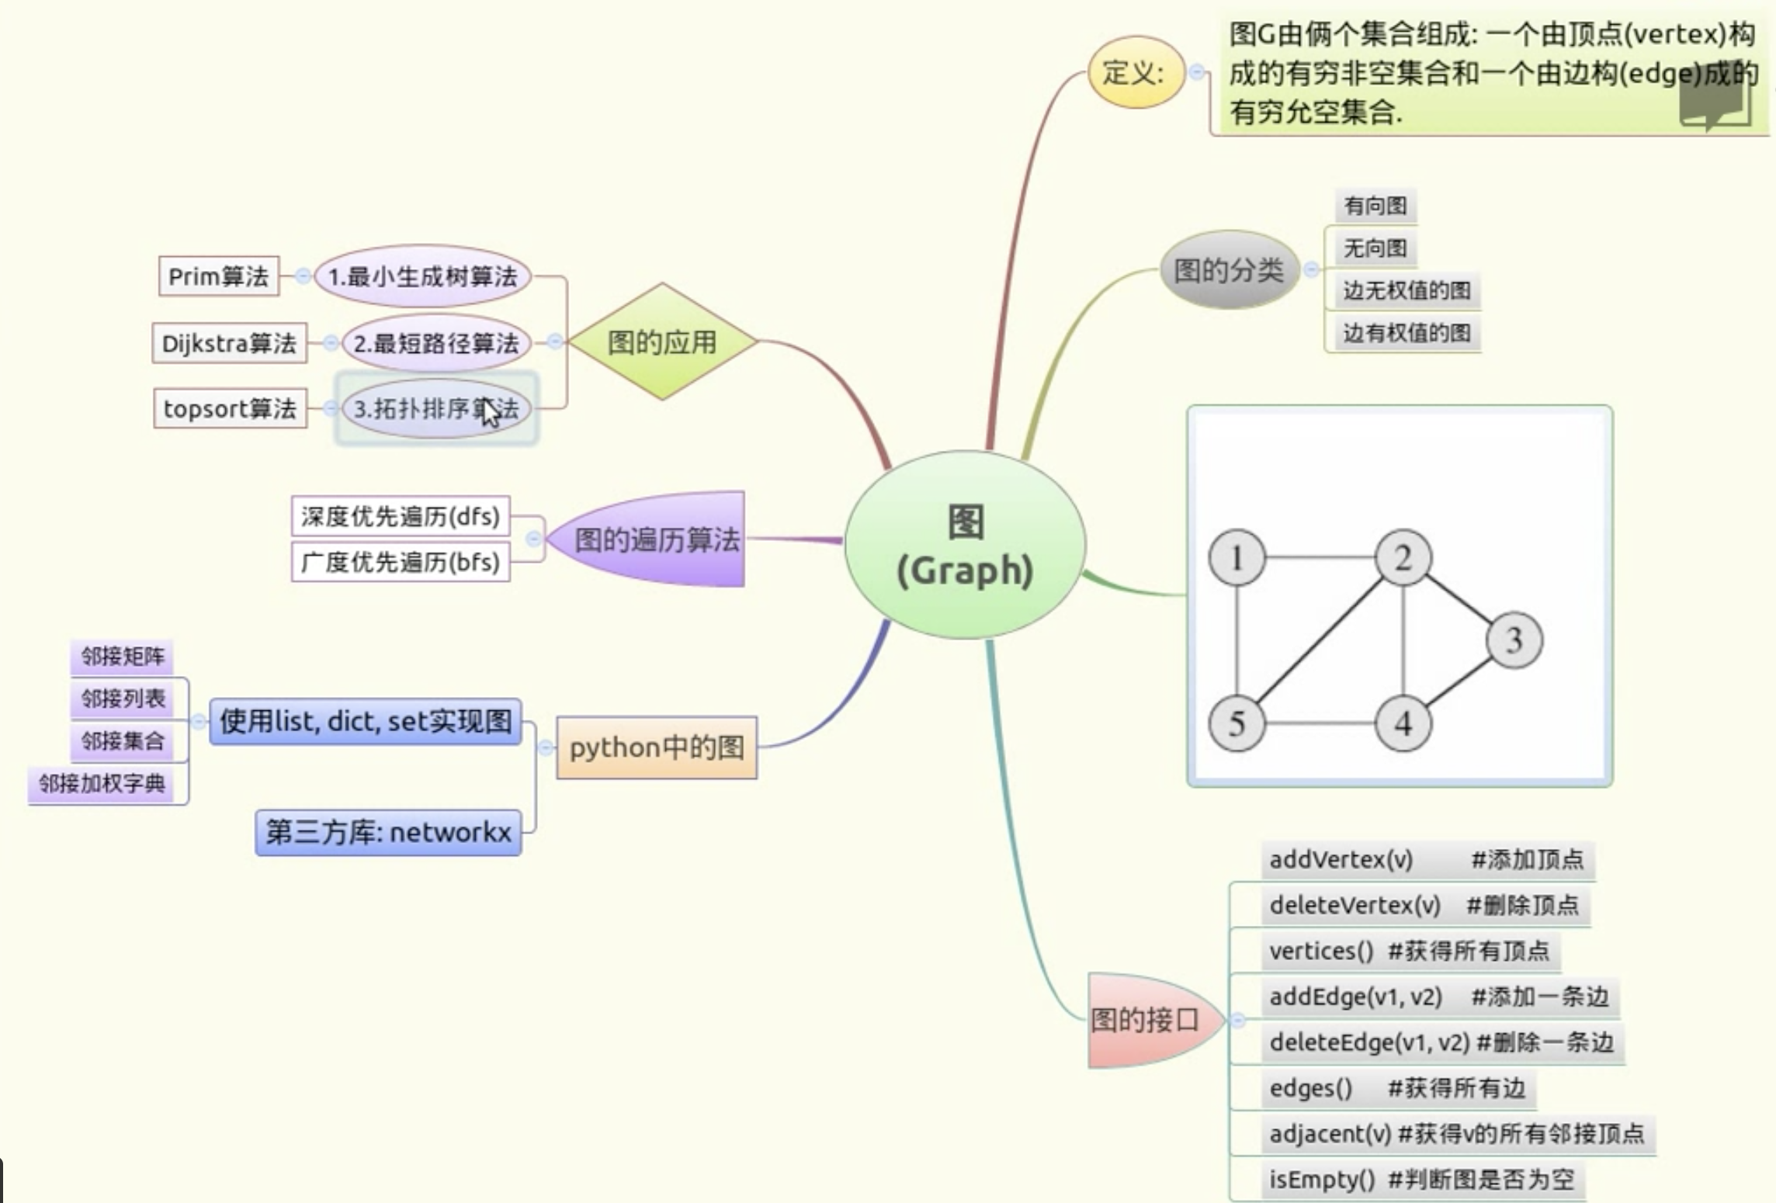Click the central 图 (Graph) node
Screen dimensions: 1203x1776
click(x=965, y=546)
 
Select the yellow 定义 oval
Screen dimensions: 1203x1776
click(x=1136, y=72)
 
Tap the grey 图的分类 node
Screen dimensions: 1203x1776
click(x=1229, y=270)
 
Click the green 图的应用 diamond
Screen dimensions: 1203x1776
click(x=662, y=341)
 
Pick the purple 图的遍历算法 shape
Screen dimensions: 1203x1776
click(x=652, y=539)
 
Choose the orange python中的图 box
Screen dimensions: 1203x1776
click(x=657, y=747)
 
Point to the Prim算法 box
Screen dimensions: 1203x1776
click(x=218, y=276)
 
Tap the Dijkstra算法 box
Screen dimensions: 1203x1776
click(x=229, y=343)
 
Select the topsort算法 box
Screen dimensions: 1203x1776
click(x=230, y=408)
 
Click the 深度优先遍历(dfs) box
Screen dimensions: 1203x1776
click(x=401, y=516)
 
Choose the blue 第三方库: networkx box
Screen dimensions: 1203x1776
click(x=388, y=832)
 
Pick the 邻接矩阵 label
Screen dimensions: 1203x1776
click(x=123, y=657)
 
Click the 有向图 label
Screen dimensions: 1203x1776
click(x=1375, y=206)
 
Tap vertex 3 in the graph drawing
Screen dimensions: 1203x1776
click(x=1514, y=640)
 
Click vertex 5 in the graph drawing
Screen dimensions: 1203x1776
click(x=1237, y=723)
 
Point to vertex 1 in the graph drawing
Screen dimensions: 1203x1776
click(x=1237, y=557)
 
